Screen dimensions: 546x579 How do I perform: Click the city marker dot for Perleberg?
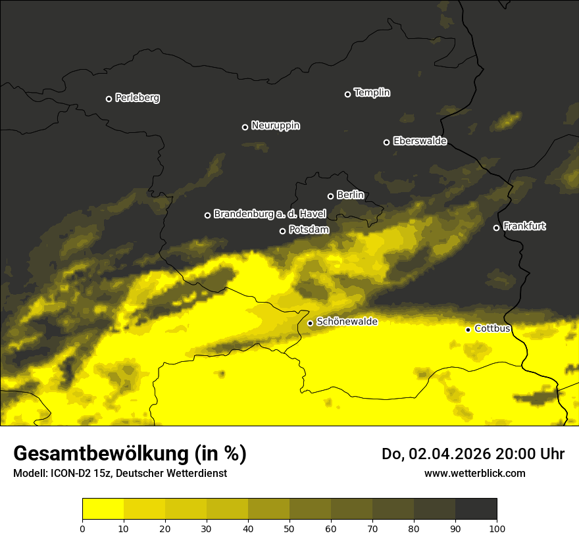click(109, 99)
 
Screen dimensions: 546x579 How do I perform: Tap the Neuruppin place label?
click(275, 126)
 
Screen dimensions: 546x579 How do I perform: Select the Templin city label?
click(372, 93)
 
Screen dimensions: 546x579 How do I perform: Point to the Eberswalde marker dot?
click(386, 142)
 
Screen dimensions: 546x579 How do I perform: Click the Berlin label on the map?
click(350, 195)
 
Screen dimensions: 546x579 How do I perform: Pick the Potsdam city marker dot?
click(282, 231)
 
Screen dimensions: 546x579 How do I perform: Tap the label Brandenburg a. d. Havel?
click(270, 214)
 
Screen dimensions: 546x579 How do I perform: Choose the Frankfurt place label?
click(524, 226)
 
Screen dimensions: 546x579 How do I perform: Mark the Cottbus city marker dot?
click(468, 330)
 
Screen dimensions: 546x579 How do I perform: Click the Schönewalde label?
click(347, 322)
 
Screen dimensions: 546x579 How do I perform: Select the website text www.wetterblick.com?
click(474, 473)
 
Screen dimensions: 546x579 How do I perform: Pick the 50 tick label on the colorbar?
click(289, 528)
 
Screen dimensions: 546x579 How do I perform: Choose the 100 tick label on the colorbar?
click(496, 528)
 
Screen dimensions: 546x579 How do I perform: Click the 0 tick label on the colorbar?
click(82, 528)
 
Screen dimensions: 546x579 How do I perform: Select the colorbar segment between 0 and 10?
click(103, 509)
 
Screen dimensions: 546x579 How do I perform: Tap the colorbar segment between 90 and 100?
click(476, 509)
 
